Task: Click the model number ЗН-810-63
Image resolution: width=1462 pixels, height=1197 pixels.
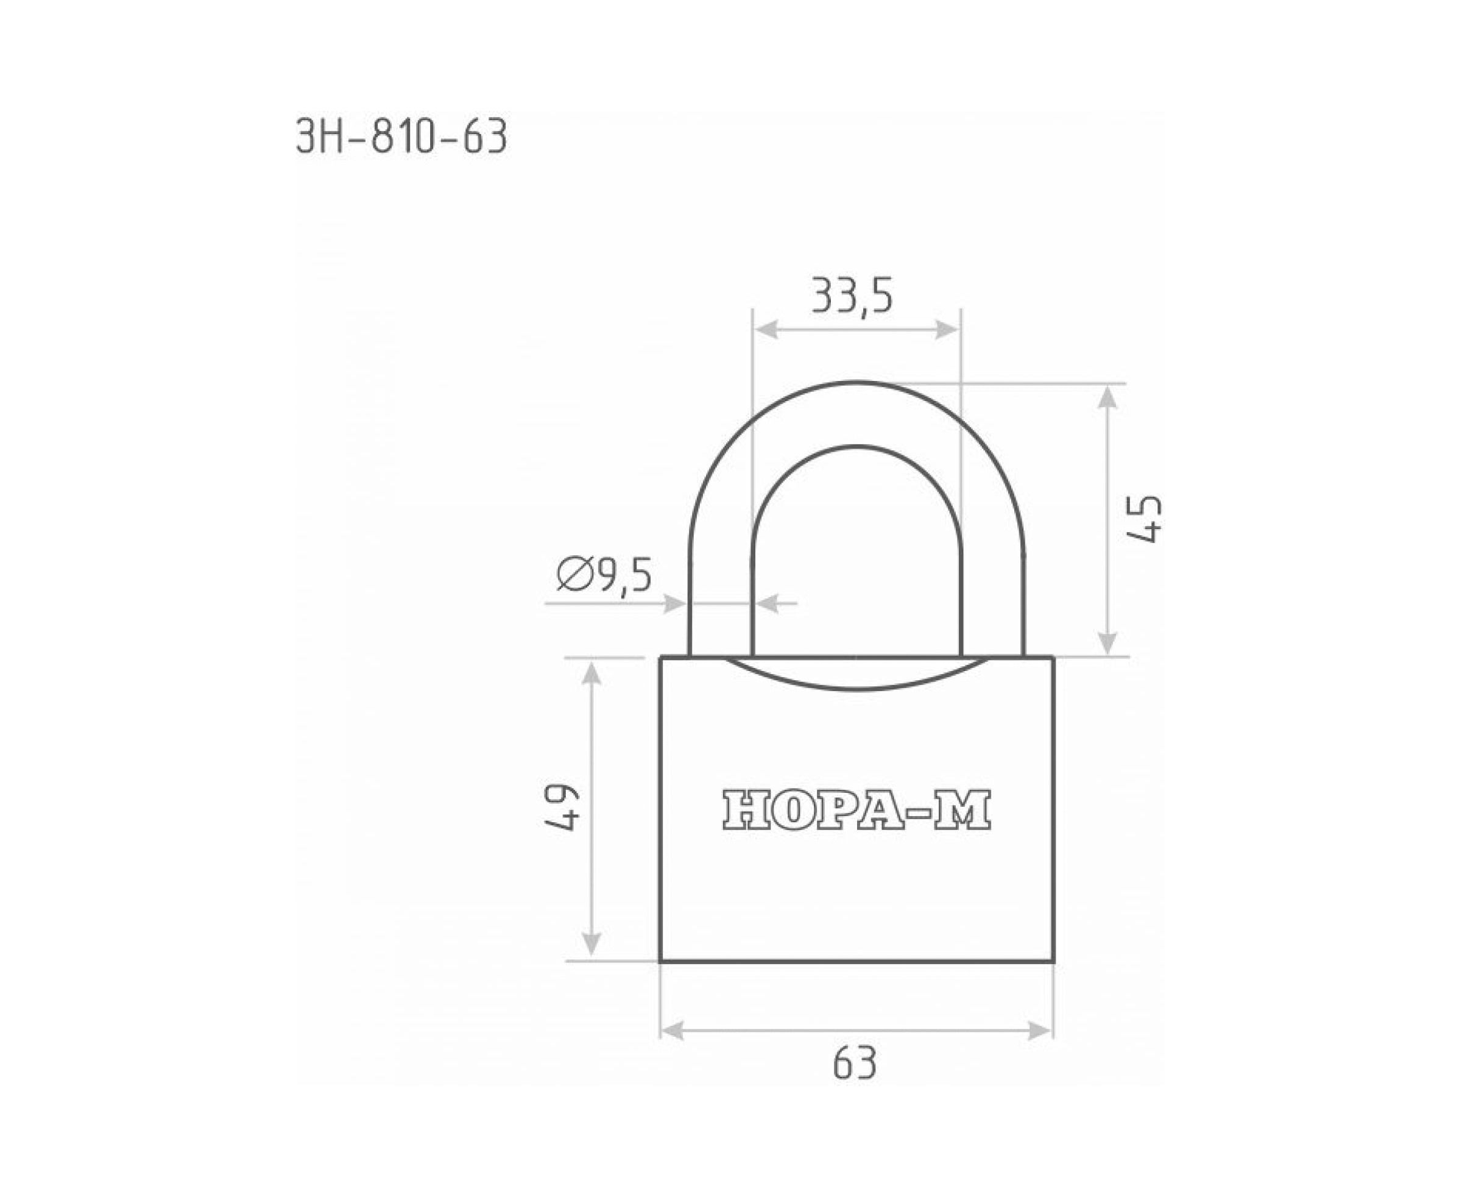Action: pyautogui.click(x=402, y=137)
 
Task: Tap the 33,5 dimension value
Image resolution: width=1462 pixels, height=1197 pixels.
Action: pyautogui.click(x=852, y=296)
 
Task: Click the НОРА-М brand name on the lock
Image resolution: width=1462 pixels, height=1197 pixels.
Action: pyautogui.click(x=856, y=809)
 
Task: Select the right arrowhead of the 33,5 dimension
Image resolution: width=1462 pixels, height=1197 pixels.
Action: pyautogui.click(x=947, y=330)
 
